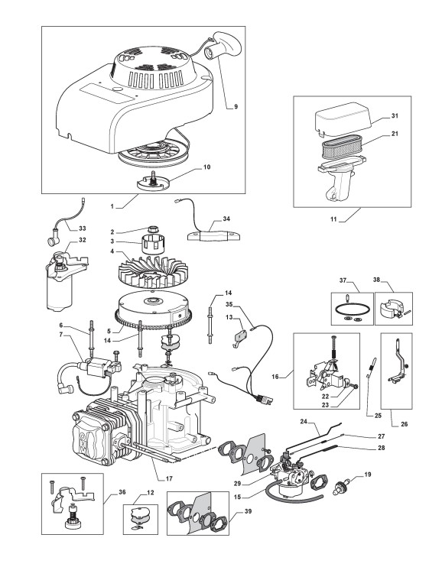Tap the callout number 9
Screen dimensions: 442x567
(x=236, y=107)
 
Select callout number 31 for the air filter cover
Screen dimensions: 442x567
(x=395, y=115)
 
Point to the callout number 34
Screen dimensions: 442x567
(x=226, y=219)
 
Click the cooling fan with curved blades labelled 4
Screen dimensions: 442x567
(x=154, y=270)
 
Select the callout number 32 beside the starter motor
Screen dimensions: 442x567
(x=82, y=240)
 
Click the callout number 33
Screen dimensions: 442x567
(x=82, y=228)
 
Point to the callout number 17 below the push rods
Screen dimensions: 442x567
(x=169, y=479)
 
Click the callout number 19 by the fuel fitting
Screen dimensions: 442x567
(x=368, y=474)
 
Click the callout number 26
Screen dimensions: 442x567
(x=405, y=424)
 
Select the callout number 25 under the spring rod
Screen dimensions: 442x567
(x=378, y=416)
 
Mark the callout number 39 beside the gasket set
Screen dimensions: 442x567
(x=248, y=511)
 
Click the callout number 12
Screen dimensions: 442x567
(x=151, y=492)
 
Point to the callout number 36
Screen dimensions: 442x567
(x=122, y=492)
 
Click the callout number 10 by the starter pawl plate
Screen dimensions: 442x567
(x=206, y=167)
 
